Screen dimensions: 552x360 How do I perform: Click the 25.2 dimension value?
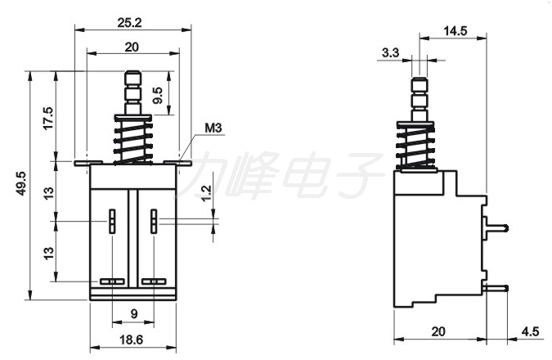coord(129,23)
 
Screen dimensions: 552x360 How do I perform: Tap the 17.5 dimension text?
coord(48,118)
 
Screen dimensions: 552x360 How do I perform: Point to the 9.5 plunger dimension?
coord(158,95)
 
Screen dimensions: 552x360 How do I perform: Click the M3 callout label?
coord(213,128)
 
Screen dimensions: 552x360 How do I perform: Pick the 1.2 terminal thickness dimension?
coord(206,192)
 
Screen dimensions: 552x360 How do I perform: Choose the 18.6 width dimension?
coord(132,340)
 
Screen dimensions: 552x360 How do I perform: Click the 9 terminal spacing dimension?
coord(134,314)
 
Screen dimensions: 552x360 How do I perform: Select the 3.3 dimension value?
coord(390,53)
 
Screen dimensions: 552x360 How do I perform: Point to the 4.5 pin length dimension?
coord(530,331)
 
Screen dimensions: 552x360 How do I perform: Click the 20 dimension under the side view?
coord(438,331)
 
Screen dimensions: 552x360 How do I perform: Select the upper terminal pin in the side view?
coord(496,228)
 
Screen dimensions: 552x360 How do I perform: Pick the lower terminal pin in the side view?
coord(496,289)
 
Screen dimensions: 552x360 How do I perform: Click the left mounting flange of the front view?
coord(88,163)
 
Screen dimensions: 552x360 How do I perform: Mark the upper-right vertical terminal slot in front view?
coord(154,221)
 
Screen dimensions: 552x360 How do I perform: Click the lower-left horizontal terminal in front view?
coord(112,281)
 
